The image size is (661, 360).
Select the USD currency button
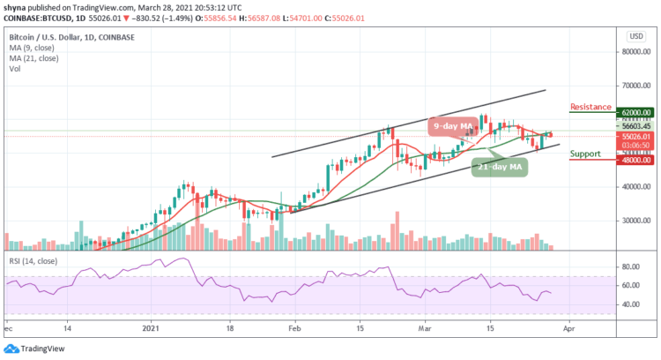634,35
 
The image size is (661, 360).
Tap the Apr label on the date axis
568,327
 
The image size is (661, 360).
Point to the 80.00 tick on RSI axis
631,266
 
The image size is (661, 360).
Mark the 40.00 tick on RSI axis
631,304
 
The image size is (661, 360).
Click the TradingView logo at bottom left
35,348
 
